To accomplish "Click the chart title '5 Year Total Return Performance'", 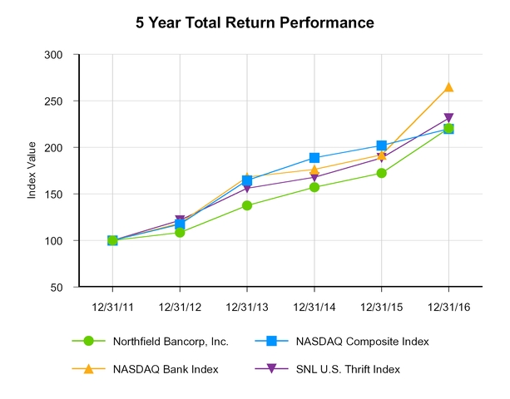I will click(x=255, y=22).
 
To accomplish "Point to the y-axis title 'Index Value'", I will click(x=32, y=170).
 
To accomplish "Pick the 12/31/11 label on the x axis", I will click(x=112, y=307).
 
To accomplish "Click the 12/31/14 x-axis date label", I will click(x=314, y=307).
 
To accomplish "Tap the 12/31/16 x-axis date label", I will click(x=449, y=307).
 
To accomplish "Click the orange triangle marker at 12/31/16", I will click(x=449, y=86).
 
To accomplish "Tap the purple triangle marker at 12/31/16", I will click(x=449, y=119).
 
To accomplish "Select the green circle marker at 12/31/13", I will click(x=247, y=205).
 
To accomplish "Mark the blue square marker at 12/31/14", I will click(x=314, y=157).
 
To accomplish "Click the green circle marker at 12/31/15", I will click(x=382, y=173).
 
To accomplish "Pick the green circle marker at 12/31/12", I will click(x=180, y=232).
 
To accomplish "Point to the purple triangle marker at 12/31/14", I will click(x=314, y=178).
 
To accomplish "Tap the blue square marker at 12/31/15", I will click(x=382, y=145).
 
